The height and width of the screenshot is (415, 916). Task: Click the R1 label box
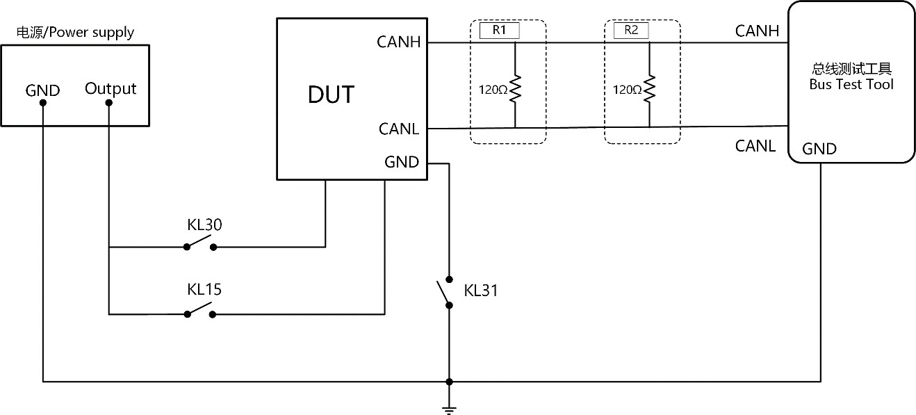[499, 31]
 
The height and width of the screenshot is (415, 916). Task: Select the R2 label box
[631, 31]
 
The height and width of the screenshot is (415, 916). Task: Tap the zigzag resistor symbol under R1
[515, 88]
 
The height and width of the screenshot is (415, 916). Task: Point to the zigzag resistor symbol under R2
[649, 88]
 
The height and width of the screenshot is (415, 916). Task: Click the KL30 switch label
[204, 225]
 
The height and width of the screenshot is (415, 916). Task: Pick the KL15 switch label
[204, 289]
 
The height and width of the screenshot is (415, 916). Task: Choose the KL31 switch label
[480, 291]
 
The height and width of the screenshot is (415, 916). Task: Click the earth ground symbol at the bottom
[449, 411]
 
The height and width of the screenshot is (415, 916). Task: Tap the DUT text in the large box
[331, 95]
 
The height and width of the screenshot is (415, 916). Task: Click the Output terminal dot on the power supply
[109, 103]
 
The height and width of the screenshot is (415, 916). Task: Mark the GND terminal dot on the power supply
[42, 103]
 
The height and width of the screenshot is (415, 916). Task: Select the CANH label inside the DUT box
[399, 42]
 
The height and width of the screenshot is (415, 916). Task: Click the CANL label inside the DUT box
[399, 129]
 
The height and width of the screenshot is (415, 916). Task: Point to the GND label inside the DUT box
[402, 162]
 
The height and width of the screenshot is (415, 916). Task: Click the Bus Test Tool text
[851, 84]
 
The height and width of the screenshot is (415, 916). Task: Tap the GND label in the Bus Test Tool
[819, 149]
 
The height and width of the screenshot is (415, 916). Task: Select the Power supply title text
[75, 32]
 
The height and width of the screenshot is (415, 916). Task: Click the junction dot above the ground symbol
[449, 382]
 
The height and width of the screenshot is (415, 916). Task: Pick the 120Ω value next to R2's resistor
[628, 90]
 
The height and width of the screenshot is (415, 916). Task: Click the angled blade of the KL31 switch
[443, 293]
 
